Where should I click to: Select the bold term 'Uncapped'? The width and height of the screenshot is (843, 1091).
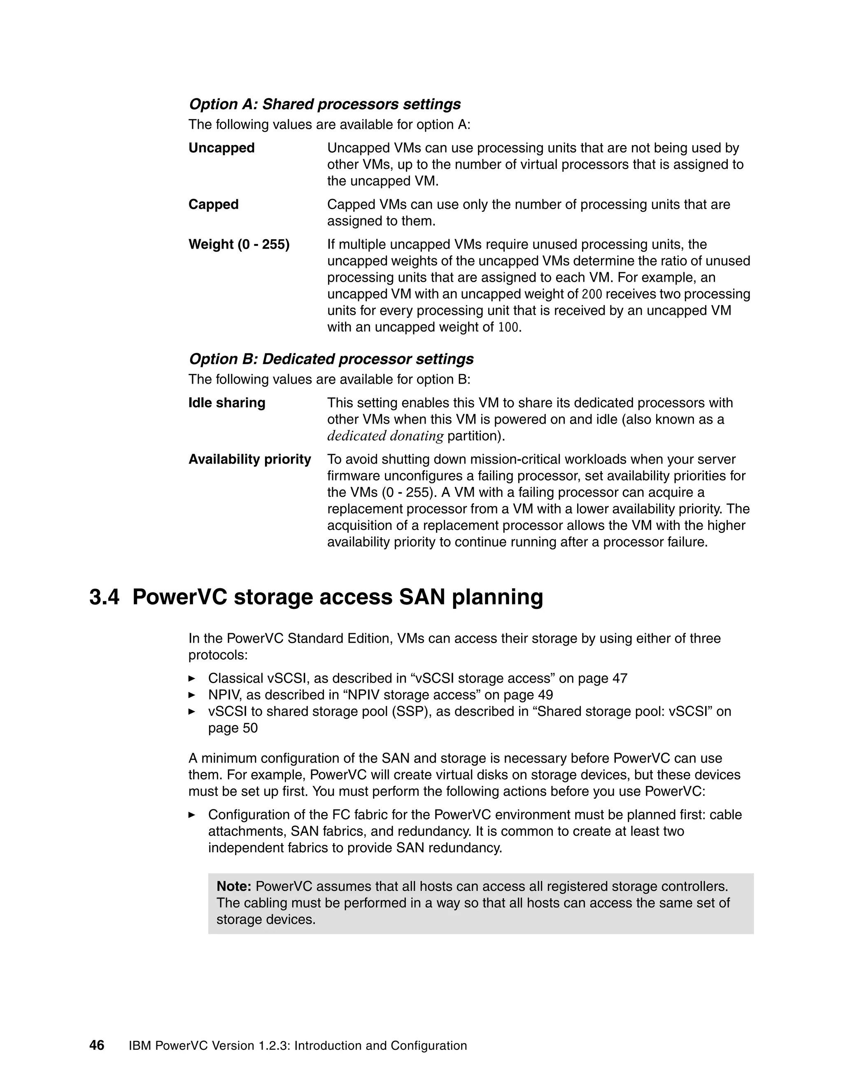point(221,148)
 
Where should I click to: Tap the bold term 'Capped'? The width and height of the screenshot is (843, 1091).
point(213,204)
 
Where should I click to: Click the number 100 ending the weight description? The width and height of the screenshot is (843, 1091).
point(508,328)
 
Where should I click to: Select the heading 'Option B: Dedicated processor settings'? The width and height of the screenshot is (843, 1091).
point(331,359)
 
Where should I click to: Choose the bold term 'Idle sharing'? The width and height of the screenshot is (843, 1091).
point(227,403)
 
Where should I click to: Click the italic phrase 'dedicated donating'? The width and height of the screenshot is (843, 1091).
point(385,436)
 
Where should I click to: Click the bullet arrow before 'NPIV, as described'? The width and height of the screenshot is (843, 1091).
point(192,695)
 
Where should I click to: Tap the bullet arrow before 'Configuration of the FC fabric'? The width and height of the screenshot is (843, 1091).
point(192,815)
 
